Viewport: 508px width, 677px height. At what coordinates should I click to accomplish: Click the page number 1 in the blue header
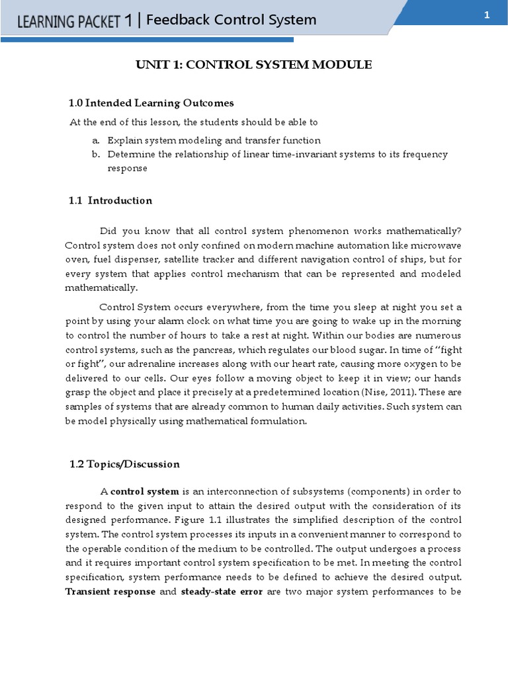tap(486, 16)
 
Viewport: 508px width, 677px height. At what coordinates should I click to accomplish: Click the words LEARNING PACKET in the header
tap(69, 21)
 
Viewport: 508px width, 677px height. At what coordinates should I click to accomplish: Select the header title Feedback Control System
tap(231, 20)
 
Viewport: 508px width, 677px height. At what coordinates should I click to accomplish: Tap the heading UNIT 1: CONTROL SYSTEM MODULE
tap(254, 65)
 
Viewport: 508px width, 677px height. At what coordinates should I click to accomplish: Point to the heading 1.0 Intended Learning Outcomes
tap(151, 103)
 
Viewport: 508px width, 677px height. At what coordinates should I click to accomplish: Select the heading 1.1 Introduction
tap(111, 200)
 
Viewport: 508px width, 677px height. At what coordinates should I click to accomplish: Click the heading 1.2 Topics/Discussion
tap(124, 464)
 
